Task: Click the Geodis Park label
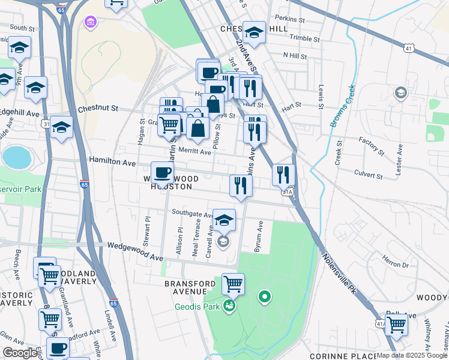click(198, 307)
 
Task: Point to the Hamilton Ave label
click(112, 161)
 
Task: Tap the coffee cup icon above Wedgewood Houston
click(162, 173)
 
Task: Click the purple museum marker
click(90, 23)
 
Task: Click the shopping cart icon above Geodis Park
click(233, 283)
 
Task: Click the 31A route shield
click(288, 192)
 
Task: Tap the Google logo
click(20, 353)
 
